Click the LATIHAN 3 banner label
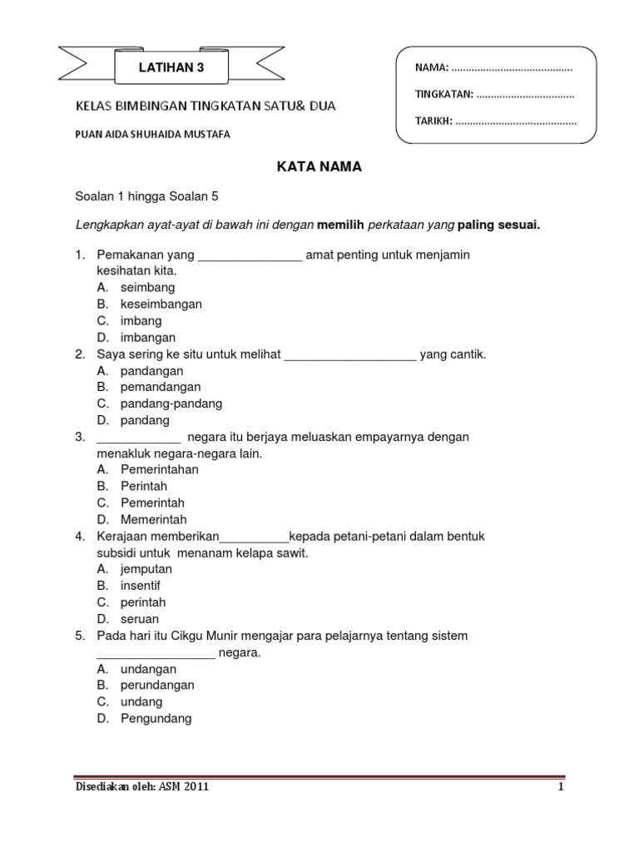click(170, 69)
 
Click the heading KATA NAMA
click(319, 166)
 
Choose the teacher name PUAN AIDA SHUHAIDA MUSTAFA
click(153, 134)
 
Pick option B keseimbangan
click(161, 304)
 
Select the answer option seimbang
click(147, 287)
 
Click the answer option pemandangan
click(160, 387)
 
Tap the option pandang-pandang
click(171, 404)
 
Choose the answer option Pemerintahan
click(159, 469)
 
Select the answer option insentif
click(140, 586)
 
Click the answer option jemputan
click(146, 569)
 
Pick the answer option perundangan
click(157, 685)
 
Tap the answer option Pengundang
click(156, 718)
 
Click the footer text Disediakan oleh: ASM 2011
click(141, 787)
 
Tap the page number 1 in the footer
click(561, 787)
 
